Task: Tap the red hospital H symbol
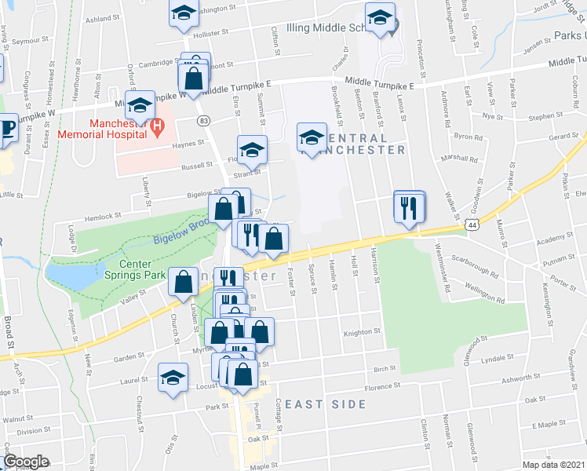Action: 157,124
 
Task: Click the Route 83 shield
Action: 204,120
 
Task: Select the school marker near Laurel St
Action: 173,378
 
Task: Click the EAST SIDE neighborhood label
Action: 325,404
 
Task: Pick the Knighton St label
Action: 362,333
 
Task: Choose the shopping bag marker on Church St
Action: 183,283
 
